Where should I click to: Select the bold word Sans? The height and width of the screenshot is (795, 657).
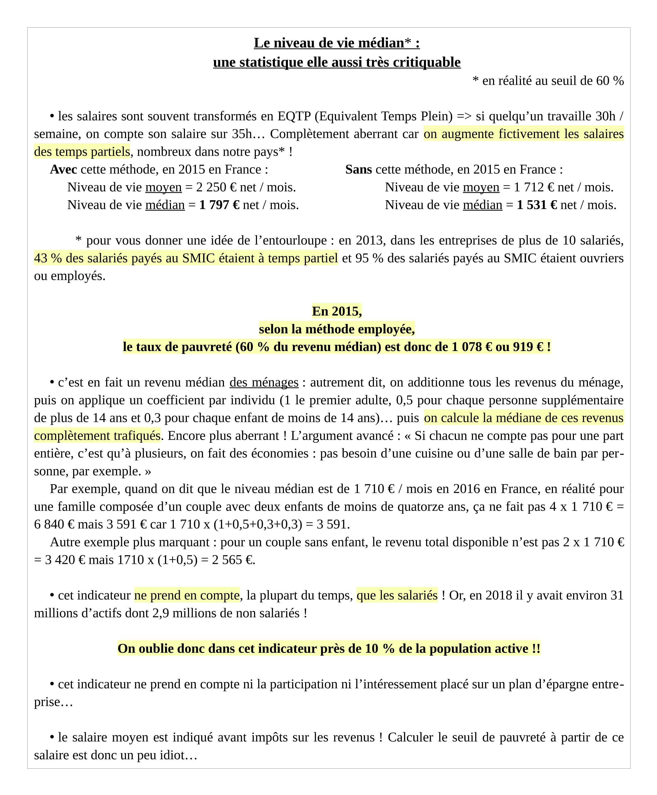pos(358,170)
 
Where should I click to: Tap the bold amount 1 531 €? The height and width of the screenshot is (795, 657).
pos(537,205)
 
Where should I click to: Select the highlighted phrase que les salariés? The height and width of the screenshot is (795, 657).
pos(397,595)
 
